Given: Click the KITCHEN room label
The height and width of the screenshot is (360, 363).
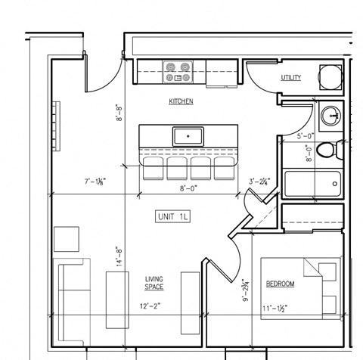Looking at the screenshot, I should [x=181, y=101].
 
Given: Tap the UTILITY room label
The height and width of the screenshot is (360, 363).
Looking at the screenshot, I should [x=290, y=78].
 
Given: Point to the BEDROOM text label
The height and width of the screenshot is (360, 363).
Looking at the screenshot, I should [x=280, y=284].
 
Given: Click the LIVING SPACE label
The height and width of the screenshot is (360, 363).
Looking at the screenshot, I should [x=154, y=284].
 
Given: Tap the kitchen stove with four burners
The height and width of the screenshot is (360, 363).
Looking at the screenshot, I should [x=178, y=73].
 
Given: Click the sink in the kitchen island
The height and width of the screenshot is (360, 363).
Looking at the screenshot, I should [x=187, y=137].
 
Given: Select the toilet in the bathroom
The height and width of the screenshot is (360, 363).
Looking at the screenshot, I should [x=326, y=150].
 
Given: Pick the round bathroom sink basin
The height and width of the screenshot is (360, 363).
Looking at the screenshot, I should [x=330, y=116].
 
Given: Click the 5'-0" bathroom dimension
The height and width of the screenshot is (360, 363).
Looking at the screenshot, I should [x=306, y=136].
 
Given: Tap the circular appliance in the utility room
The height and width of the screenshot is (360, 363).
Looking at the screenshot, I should [x=330, y=77].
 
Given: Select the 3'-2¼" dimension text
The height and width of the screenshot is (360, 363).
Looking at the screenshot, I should [x=260, y=182].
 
